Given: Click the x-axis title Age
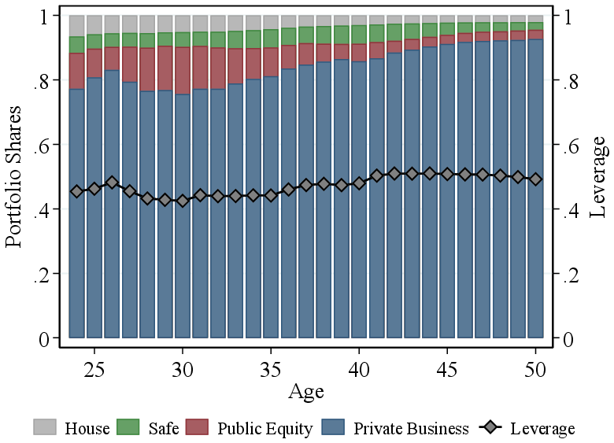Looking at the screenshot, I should pos(306,391).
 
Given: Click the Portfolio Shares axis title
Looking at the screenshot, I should pos(15,177).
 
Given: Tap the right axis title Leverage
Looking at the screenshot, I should pos(597,177).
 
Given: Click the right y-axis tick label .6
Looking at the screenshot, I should pos(574,146).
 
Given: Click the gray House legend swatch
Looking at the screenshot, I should pos(45,427).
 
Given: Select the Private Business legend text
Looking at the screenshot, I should pos(411,429).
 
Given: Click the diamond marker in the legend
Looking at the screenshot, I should pos(491,428).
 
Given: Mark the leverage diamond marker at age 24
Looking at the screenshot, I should pos(77,191).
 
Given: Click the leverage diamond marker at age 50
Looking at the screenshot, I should pos(536,179).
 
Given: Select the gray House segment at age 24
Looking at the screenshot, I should pos(77,26).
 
